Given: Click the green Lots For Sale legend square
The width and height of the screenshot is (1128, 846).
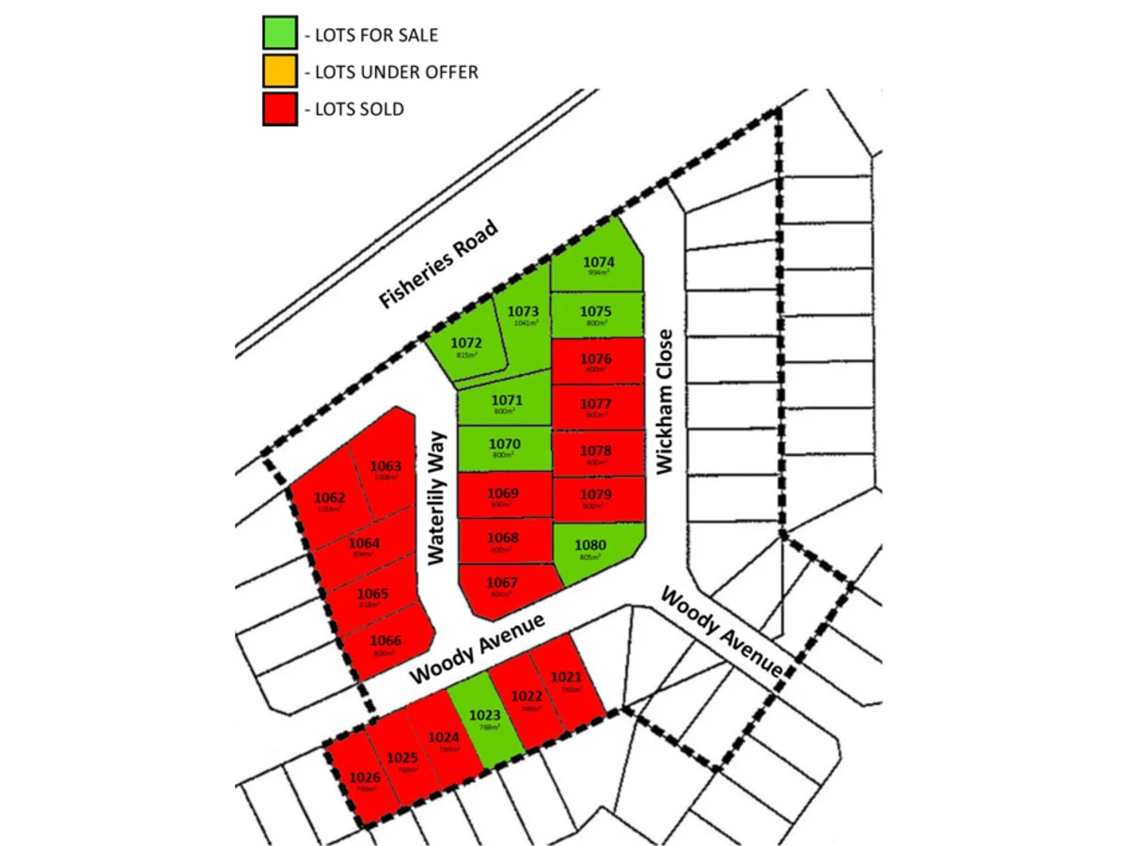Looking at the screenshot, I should click(x=280, y=36).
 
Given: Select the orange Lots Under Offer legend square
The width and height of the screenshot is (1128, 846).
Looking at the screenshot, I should click(x=280, y=72).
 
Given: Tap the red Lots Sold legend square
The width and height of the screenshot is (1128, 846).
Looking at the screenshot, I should click(x=280, y=109).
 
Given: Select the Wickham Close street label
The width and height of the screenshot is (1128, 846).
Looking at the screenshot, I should click(x=666, y=400).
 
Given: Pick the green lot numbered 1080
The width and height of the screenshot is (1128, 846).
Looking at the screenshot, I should click(x=592, y=549).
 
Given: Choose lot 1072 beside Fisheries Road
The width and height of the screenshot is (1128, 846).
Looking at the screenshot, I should click(x=466, y=349).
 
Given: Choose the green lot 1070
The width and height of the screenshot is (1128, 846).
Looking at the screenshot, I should click(x=505, y=448).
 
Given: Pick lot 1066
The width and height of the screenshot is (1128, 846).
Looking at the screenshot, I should click(x=385, y=645).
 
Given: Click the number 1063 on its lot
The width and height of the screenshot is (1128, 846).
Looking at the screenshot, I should click(x=385, y=466).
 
